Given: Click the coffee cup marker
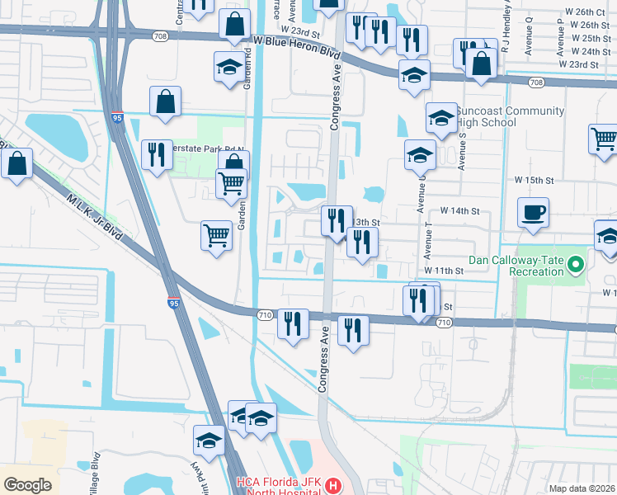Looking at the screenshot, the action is pos(533,212).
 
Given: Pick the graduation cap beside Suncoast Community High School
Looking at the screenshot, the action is pos(441,117).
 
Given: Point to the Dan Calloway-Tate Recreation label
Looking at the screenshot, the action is pos(516,265).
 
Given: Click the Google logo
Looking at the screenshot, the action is pos(27,485).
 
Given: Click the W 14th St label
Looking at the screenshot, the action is pos(459,211).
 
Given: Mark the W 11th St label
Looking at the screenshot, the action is pos(444,271).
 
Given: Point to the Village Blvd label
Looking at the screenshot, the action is pos(96,472).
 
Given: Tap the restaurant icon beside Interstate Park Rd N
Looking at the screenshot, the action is pos(155,154).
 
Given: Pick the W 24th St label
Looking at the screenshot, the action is pos(578,51).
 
